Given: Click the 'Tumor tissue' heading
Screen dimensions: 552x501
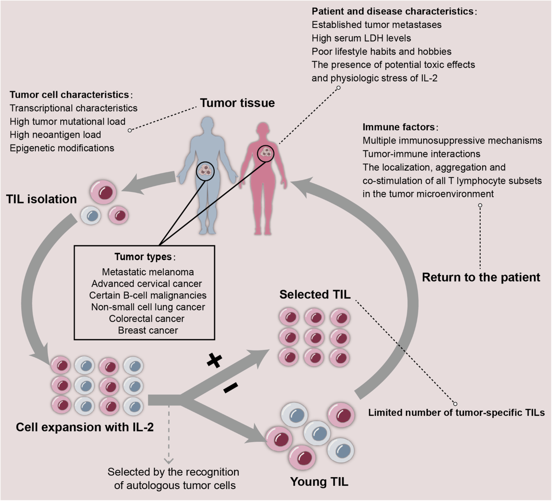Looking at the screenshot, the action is [237, 103].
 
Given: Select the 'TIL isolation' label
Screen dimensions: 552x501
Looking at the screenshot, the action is [41, 199].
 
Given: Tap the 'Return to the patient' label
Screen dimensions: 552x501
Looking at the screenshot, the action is [481, 278].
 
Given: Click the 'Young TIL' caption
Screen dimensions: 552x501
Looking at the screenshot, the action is [319, 482].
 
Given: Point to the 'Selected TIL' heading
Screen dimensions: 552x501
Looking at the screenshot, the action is [315, 295].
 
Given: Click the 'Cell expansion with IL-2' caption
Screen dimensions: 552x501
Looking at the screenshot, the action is [85, 427].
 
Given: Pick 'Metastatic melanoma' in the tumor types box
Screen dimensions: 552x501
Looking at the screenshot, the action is [148, 272].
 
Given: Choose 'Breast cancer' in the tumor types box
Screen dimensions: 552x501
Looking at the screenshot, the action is [148, 331].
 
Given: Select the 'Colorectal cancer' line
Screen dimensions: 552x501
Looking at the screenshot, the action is [146, 319].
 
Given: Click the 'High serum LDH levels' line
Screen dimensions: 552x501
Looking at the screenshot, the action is [361, 38].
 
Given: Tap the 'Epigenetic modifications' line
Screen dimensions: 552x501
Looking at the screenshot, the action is [62, 148].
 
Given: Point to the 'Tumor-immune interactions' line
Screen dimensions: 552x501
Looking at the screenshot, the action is [421, 154].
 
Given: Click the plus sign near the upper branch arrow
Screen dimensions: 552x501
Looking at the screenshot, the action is [215, 361].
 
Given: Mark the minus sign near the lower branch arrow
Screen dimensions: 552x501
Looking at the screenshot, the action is [230, 387].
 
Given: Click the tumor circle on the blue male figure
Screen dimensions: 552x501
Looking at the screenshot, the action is [205, 171].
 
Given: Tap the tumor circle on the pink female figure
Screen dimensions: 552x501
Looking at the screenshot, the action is [266, 153].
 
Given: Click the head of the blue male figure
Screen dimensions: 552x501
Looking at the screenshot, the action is [207, 124].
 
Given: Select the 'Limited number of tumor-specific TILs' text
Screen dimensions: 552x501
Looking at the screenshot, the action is [456, 413].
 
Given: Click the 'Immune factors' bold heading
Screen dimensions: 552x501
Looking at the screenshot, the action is [399, 127].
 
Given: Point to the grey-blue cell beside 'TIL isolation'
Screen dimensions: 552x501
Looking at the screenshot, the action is [91, 215].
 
